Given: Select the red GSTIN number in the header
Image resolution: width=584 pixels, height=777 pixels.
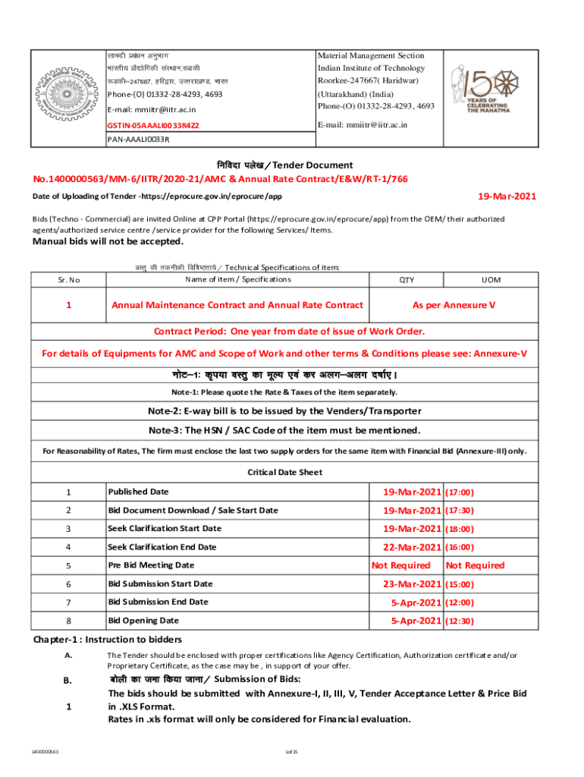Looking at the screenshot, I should coord(152,125).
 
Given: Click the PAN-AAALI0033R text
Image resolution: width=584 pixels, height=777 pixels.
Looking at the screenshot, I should coord(138,140).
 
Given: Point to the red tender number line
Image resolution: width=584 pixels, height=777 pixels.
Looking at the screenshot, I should coord(220,179).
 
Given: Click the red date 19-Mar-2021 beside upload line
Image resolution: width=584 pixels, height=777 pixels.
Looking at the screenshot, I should coord(506,197).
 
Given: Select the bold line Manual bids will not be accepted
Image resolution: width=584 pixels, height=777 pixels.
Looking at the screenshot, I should coord(107,242).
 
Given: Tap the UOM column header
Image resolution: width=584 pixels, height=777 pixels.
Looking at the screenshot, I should coord(491,279).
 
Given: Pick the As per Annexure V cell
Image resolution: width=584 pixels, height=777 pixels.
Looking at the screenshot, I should coord(454,305).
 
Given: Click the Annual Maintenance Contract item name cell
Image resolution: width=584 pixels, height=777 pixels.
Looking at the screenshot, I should coord(237,305).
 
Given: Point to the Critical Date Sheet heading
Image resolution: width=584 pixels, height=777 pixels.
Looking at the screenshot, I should coord(285,472).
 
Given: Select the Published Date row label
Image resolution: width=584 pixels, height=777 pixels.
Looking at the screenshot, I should coord(138,492).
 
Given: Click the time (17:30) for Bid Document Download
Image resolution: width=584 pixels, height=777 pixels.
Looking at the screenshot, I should coord(460,511).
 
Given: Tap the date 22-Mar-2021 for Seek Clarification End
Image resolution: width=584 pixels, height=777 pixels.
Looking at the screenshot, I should coord(411,547).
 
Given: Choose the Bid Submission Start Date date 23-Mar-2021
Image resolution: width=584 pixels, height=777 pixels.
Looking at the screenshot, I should coord(411,584).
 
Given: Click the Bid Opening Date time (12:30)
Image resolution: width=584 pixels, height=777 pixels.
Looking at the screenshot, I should coord(460,621).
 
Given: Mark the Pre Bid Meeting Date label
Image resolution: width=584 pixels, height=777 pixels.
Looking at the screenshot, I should coord(151,565).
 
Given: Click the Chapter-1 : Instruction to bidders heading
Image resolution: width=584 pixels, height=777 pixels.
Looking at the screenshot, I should coord(107,639).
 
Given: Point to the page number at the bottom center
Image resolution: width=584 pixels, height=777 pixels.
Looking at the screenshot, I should coord(291,751).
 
